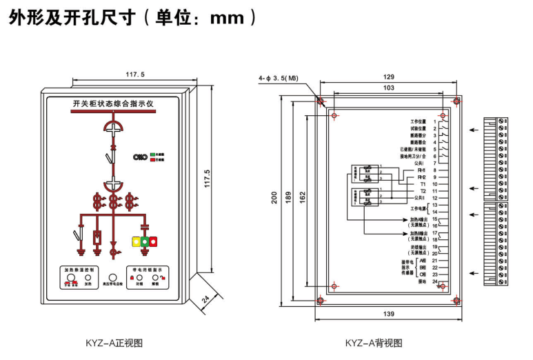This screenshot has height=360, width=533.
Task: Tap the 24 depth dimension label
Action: point(205,299)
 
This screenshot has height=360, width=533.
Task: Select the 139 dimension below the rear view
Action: point(388,314)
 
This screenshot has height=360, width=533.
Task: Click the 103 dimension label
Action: point(388,88)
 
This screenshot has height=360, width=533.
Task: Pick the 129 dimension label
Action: point(388,77)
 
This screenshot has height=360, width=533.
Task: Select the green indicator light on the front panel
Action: point(145,241)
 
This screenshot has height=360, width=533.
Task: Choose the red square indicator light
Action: point(154,241)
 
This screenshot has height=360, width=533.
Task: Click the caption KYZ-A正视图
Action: point(114,342)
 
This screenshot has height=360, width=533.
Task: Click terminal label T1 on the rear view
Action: point(422,184)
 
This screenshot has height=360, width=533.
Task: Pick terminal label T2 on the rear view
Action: point(422,191)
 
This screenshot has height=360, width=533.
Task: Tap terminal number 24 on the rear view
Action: point(434,281)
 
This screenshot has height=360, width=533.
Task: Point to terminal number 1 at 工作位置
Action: point(435,121)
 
